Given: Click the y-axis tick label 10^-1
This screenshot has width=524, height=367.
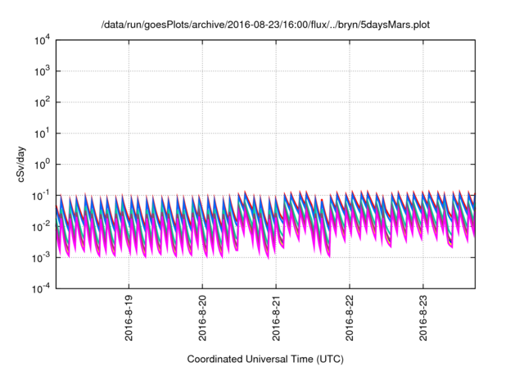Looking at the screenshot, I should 40,195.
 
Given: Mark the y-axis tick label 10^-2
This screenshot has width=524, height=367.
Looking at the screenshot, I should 40,226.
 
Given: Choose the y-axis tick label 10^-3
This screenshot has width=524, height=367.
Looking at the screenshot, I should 40,257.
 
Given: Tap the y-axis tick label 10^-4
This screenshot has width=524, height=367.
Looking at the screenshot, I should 40,288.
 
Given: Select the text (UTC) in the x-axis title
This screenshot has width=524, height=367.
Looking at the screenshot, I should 328,359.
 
